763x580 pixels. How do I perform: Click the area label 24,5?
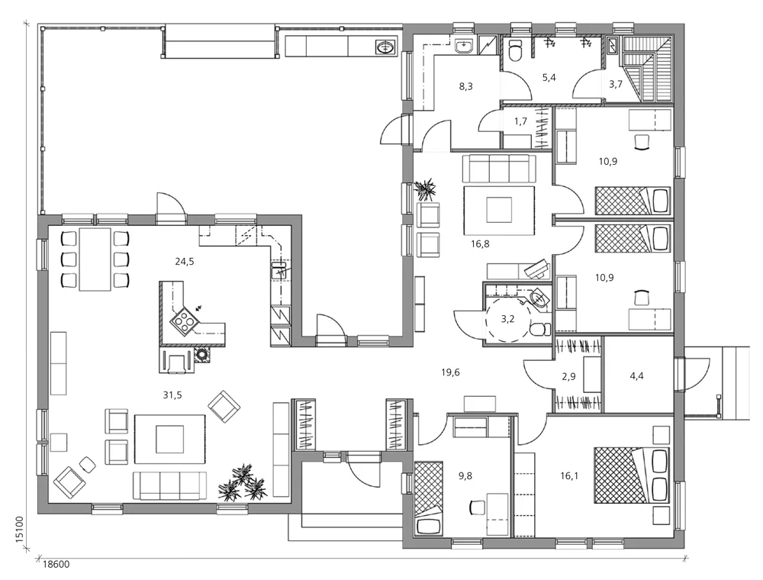click(185, 261)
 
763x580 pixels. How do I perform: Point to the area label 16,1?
click(571, 475)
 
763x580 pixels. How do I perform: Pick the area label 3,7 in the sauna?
click(616, 84)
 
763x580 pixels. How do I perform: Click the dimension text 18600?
click(55, 565)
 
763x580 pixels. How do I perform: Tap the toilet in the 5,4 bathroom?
click(515, 50)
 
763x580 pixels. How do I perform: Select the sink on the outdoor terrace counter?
click(386, 47)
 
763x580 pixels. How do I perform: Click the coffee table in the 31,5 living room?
click(169, 439)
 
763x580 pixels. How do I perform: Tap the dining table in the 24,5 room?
click(95, 259)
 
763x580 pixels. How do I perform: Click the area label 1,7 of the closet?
click(521, 121)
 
